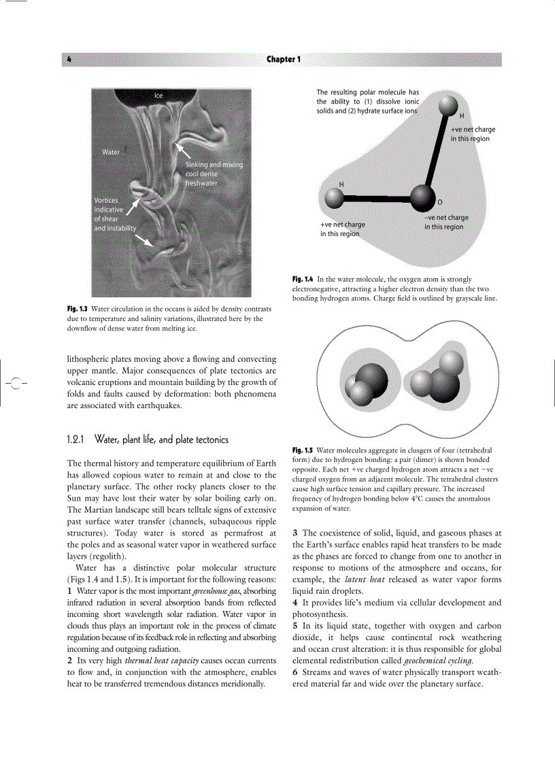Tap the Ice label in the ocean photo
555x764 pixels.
click(x=158, y=96)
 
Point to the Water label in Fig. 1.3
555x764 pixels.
click(x=111, y=152)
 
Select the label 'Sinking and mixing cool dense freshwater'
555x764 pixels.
click(x=214, y=173)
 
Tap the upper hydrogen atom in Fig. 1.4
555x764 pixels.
click(x=448, y=105)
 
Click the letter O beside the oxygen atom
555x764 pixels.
click(x=439, y=203)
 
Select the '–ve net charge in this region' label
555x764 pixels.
click(x=446, y=222)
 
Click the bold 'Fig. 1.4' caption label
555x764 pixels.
click(x=303, y=280)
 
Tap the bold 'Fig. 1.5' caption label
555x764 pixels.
click(x=303, y=450)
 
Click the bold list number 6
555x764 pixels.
click(x=295, y=672)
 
